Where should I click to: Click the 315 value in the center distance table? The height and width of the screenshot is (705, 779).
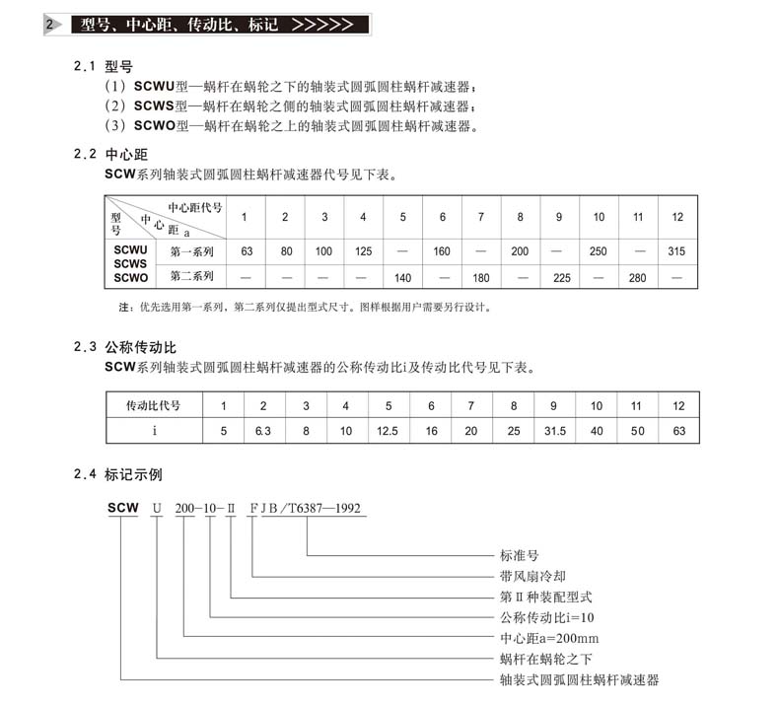point(676,251)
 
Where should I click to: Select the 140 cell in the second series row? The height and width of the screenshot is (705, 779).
point(402,278)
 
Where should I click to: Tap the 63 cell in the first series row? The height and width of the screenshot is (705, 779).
point(247,251)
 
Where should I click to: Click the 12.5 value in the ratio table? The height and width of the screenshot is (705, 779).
point(389,431)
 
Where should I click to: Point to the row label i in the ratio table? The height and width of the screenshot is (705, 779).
point(154,431)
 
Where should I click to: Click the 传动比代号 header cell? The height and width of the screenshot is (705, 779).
point(154,405)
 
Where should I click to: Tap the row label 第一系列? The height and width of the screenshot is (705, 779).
point(192,251)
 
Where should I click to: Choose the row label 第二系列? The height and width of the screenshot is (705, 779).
point(192,277)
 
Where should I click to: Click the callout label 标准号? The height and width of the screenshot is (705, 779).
point(519,556)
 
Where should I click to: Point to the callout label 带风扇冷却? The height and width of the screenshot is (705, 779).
point(532,577)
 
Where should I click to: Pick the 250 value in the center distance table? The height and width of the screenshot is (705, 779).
point(599,251)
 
